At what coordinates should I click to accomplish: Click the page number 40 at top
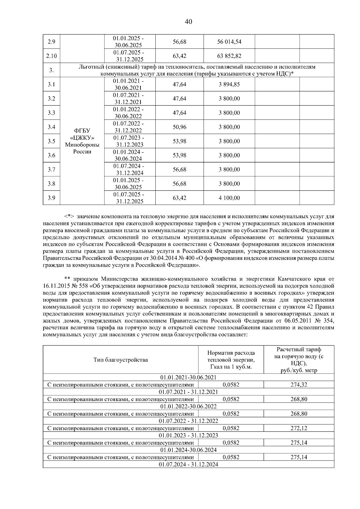pyautogui.click(x=188, y=22)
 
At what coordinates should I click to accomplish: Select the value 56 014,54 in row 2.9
pyautogui.click(x=229, y=42)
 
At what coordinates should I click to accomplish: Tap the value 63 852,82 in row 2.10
pyautogui.click(x=229, y=56)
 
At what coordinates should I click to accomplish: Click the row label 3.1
pyautogui.click(x=51, y=85)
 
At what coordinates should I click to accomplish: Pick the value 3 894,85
pyautogui.click(x=229, y=85)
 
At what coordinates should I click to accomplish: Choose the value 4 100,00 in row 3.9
pyautogui.click(x=229, y=198)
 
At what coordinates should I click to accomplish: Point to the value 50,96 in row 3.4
pyautogui.click(x=179, y=127)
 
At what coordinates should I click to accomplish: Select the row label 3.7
pyautogui.click(x=51, y=170)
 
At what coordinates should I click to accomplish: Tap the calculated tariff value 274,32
pyautogui.click(x=299, y=385)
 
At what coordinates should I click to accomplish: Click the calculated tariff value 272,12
pyautogui.click(x=299, y=428)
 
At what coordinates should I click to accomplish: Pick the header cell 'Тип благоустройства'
pyautogui.click(x=121, y=360)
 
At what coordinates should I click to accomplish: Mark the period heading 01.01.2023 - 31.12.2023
pyautogui.click(x=188, y=435)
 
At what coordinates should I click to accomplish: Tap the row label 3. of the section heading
pyautogui.click(x=51, y=70)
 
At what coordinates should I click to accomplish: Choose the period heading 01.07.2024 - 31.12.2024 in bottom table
pyautogui.click(x=188, y=464)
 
